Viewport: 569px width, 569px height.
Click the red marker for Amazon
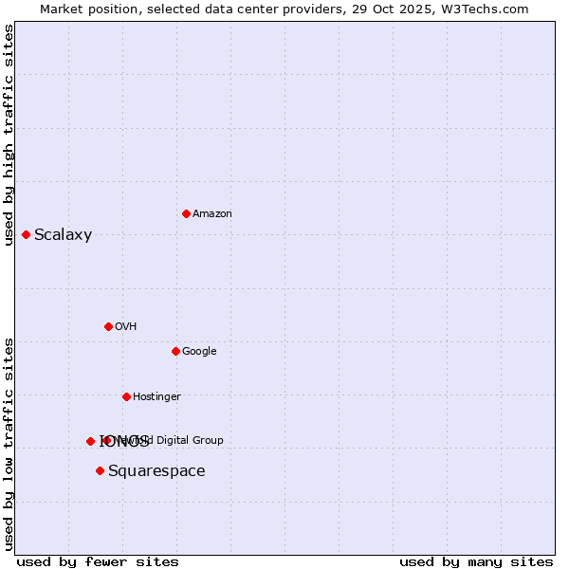(186, 213)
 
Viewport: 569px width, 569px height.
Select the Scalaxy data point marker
(26, 234)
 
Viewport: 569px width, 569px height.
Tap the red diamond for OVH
(108, 326)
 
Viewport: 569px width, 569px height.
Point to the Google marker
(175, 351)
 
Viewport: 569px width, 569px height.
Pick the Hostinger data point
(126, 396)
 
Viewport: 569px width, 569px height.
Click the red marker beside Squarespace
(100, 470)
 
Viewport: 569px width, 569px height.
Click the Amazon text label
(211, 214)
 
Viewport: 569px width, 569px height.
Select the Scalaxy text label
(63, 235)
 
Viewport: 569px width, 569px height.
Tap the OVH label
(126, 327)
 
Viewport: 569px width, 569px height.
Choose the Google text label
(199, 352)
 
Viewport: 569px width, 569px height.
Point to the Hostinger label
(156, 397)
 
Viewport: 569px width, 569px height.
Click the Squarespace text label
(156, 471)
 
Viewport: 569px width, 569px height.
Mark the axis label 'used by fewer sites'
(98, 561)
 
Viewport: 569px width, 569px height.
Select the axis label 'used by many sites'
(476, 561)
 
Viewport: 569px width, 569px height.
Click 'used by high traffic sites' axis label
(9, 135)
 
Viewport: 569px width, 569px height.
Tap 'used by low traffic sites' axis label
(9, 443)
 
